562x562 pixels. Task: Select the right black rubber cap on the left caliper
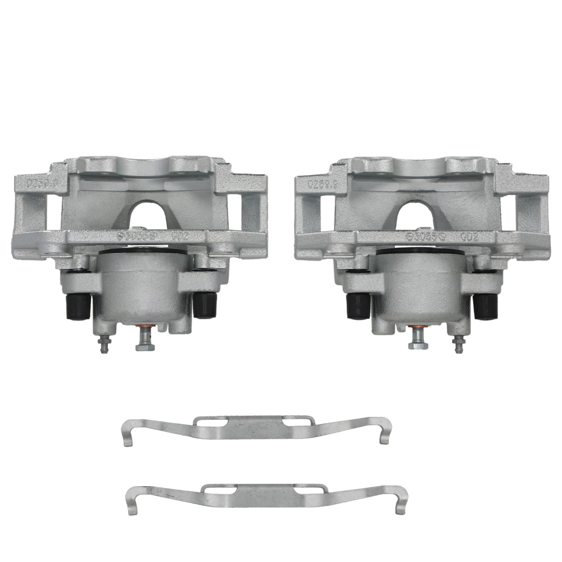click(x=205, y=305)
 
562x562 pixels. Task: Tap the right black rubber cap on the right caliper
click(x=484, y=306)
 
